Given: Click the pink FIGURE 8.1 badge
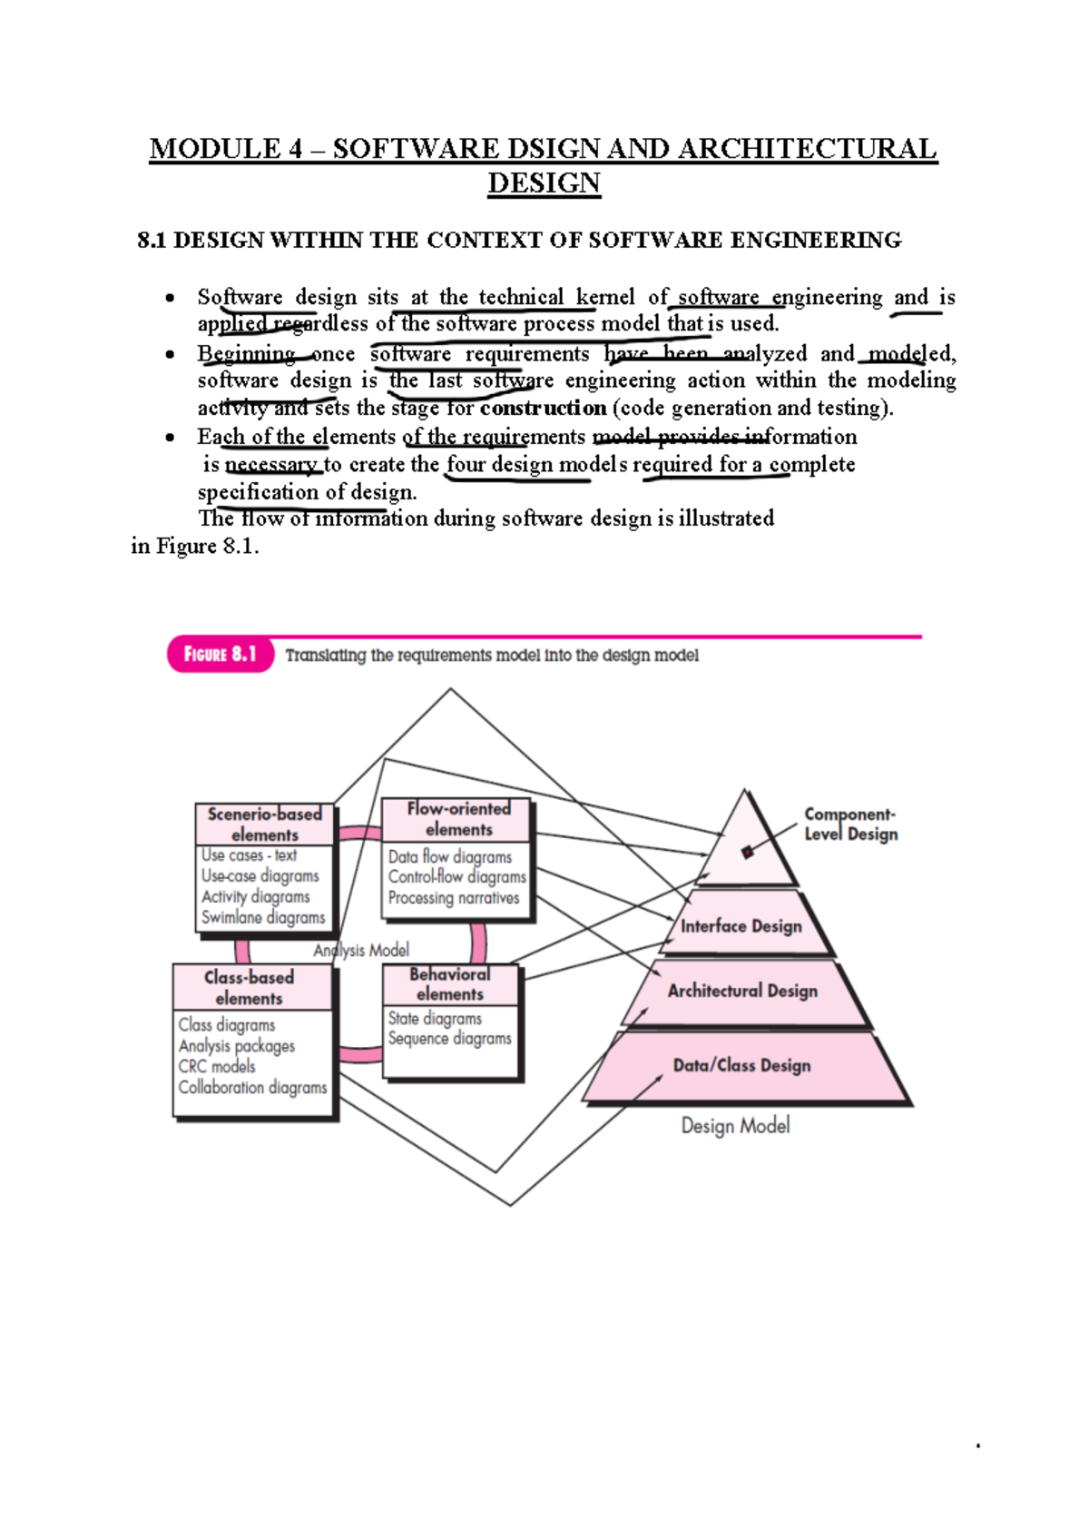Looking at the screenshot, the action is pos(220,655).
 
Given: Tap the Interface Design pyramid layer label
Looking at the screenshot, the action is pos(741,926).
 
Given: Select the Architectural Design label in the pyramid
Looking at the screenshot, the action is pos(742,991).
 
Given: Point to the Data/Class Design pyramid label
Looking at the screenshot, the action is pos(741,1065).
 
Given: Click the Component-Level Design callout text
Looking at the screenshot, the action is pos(850,824).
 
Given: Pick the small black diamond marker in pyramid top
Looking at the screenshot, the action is pos(747,852).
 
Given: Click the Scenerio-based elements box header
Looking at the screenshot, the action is pos(264,824).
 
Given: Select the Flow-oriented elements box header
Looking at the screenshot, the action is pos(458,819).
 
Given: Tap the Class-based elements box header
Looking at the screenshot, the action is pos(249,988).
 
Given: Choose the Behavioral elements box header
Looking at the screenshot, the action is pos(450,984).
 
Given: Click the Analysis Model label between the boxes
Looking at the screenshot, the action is pos(361,950).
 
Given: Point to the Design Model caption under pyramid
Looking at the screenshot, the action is pos(735,1126).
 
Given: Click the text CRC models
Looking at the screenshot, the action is pos(217,1067).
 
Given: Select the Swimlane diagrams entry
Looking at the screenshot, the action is pos(263,917).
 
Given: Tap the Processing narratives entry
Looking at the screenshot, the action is pos(454,898).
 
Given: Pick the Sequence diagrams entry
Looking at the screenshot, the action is pos(449,1039).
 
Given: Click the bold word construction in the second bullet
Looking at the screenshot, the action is pos(543,408).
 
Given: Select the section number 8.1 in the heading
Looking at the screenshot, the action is pos(152,241).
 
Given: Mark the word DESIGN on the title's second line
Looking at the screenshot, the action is pos(544,183).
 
